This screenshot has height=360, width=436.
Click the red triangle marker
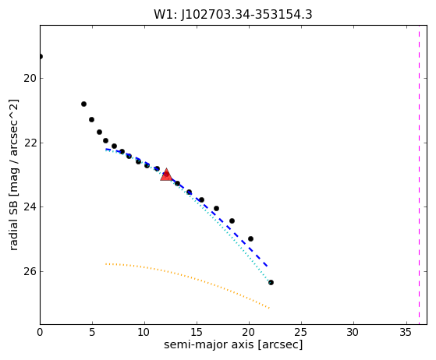click(166, 175)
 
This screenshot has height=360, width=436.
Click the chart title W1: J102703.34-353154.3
click(233, 15)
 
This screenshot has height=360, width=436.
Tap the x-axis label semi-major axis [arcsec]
click(233, 344)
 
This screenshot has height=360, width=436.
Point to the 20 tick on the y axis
click(30, 79)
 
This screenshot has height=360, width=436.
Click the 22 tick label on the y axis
click(30, 143)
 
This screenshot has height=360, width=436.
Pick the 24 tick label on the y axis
click(30, 207)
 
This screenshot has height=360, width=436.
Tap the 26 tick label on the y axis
click(30, 271)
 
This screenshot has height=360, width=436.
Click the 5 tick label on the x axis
click(92, 332)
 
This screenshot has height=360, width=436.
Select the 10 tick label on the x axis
click(144, 332)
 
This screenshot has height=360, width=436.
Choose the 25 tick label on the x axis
click(301, 332)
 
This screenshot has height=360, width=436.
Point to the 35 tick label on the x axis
click(406, 332)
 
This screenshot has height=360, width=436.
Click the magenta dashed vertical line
click(419, 175)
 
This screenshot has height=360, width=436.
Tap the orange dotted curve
click(187, 277)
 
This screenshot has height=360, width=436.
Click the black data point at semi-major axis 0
click(41, 57)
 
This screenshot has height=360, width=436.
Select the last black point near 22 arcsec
click(271, 283)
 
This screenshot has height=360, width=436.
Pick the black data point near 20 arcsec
click(250, 238)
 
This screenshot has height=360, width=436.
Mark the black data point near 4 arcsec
click(83, 104)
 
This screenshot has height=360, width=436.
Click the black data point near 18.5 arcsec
click(232, 221)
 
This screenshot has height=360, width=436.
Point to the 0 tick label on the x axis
click(40, 332)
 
